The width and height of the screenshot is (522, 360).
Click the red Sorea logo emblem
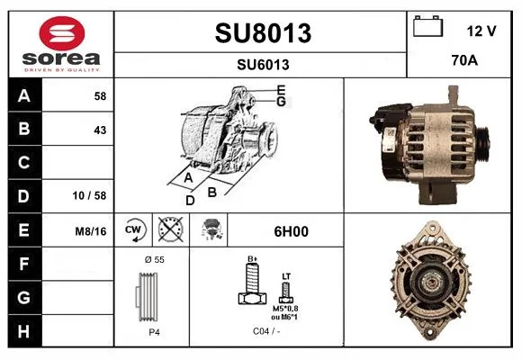click(62, 33)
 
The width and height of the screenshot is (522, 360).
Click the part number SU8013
click(263, 33)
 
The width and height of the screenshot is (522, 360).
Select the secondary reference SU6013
click(263, 65)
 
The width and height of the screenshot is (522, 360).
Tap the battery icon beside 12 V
click(428, 26)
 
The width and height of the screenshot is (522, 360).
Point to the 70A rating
click(464, 60)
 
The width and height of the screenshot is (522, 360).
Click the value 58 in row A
click(100, 96)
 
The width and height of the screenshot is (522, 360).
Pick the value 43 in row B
click(100, 130)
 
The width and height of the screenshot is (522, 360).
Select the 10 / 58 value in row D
click(90, 195)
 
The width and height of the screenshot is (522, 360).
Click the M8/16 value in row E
click(91, 231)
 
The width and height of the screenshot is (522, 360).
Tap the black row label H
click(24, 331)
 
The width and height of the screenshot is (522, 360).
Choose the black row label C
click(24, 163)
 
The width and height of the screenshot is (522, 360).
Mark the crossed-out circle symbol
click(171, 229)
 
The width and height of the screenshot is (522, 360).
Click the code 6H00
click(291, 231)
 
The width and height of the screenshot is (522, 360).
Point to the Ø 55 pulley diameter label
click(155, 259)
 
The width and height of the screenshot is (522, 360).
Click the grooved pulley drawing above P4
click(147, 297)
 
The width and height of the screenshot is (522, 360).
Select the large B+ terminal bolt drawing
click(252, 282)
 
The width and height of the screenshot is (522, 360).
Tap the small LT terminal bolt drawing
click(286, 292)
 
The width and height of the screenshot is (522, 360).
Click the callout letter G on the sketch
click(282, 101)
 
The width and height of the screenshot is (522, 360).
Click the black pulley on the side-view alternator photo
click(482, 144)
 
